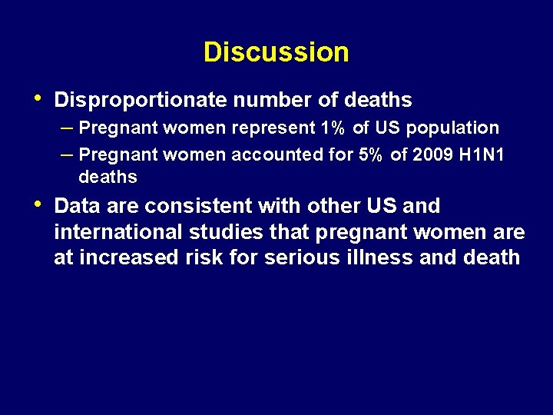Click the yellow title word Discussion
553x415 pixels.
tap(276, 52)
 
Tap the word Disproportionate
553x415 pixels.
tap(141, 100)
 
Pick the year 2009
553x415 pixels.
tap(432, 154)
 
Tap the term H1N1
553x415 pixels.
tap(482, 154)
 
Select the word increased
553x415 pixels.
tap(128, 257)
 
